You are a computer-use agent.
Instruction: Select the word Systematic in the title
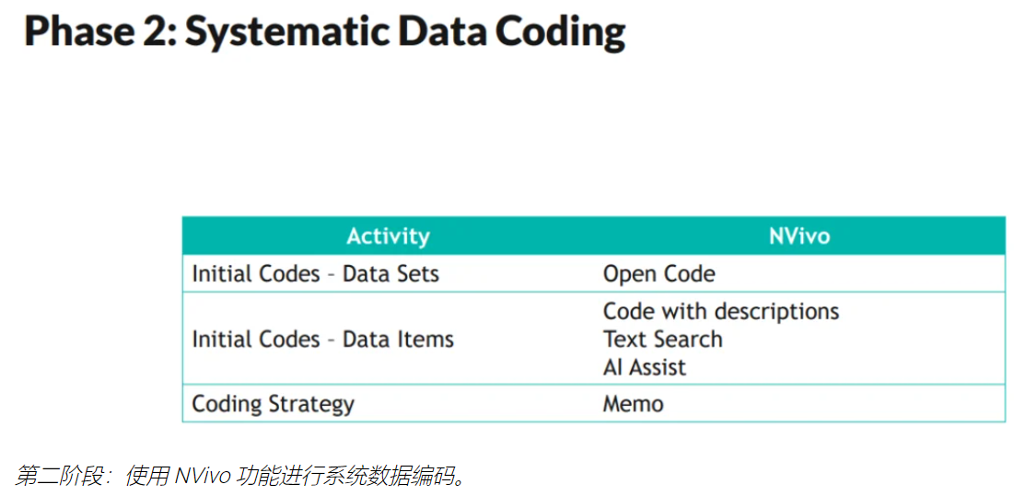(x=287, y=33)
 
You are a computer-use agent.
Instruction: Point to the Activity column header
(x=388, y=236)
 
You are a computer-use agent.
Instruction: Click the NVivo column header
(x=799, y=236)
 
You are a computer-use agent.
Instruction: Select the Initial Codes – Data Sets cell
(x=316, y=274)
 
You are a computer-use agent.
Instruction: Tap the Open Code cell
(x=659, y=274)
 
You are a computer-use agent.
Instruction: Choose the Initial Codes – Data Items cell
(x=322, y=339)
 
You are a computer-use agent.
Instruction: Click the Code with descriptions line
(x=721, y=311)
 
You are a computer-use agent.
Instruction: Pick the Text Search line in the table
(x=663, y=339)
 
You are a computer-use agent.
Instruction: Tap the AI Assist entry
(x=644, y=367)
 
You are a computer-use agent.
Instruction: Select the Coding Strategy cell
(x=273, y=404)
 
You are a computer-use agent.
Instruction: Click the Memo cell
(x=633, y=404)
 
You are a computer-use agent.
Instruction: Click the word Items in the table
(x=425, y=339)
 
